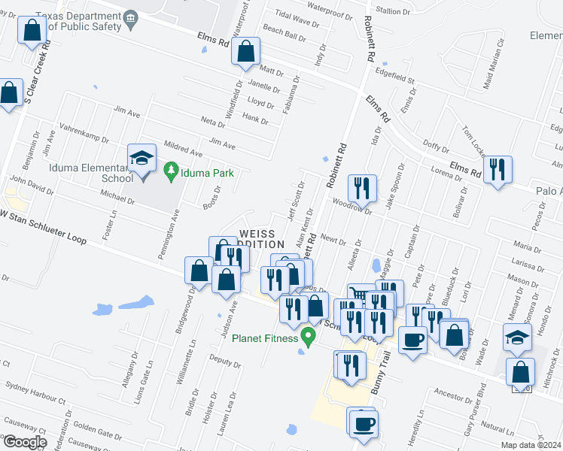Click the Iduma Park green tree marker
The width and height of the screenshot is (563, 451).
click(172, 172)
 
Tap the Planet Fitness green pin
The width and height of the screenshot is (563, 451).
click(307, 335)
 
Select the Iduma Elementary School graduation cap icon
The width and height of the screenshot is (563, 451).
click(142, 159)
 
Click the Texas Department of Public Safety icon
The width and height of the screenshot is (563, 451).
click(129, 17)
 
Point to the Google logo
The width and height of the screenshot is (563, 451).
click(25, 442)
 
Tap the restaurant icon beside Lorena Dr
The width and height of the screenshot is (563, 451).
click(496, 170)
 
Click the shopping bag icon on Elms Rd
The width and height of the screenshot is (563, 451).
click(246, 53)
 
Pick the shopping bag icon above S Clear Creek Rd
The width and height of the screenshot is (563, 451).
click(32, 31)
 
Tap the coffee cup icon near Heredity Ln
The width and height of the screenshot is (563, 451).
click(362, 422)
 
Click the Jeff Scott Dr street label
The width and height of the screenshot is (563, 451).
click(295, 201)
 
